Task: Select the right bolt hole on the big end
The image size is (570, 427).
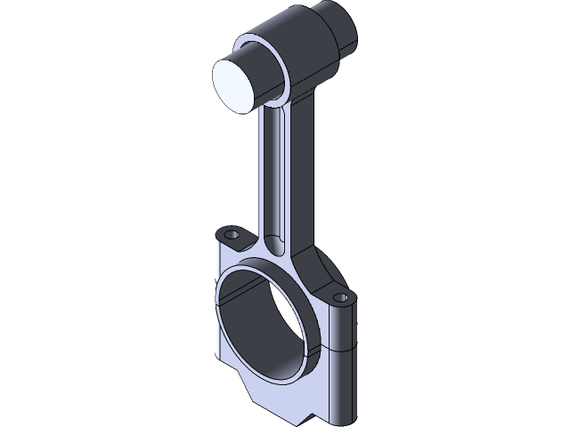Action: pos(339,297)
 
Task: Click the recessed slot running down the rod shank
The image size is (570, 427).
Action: pos(275,169)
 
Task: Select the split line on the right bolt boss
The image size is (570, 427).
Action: pos(346,348)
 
